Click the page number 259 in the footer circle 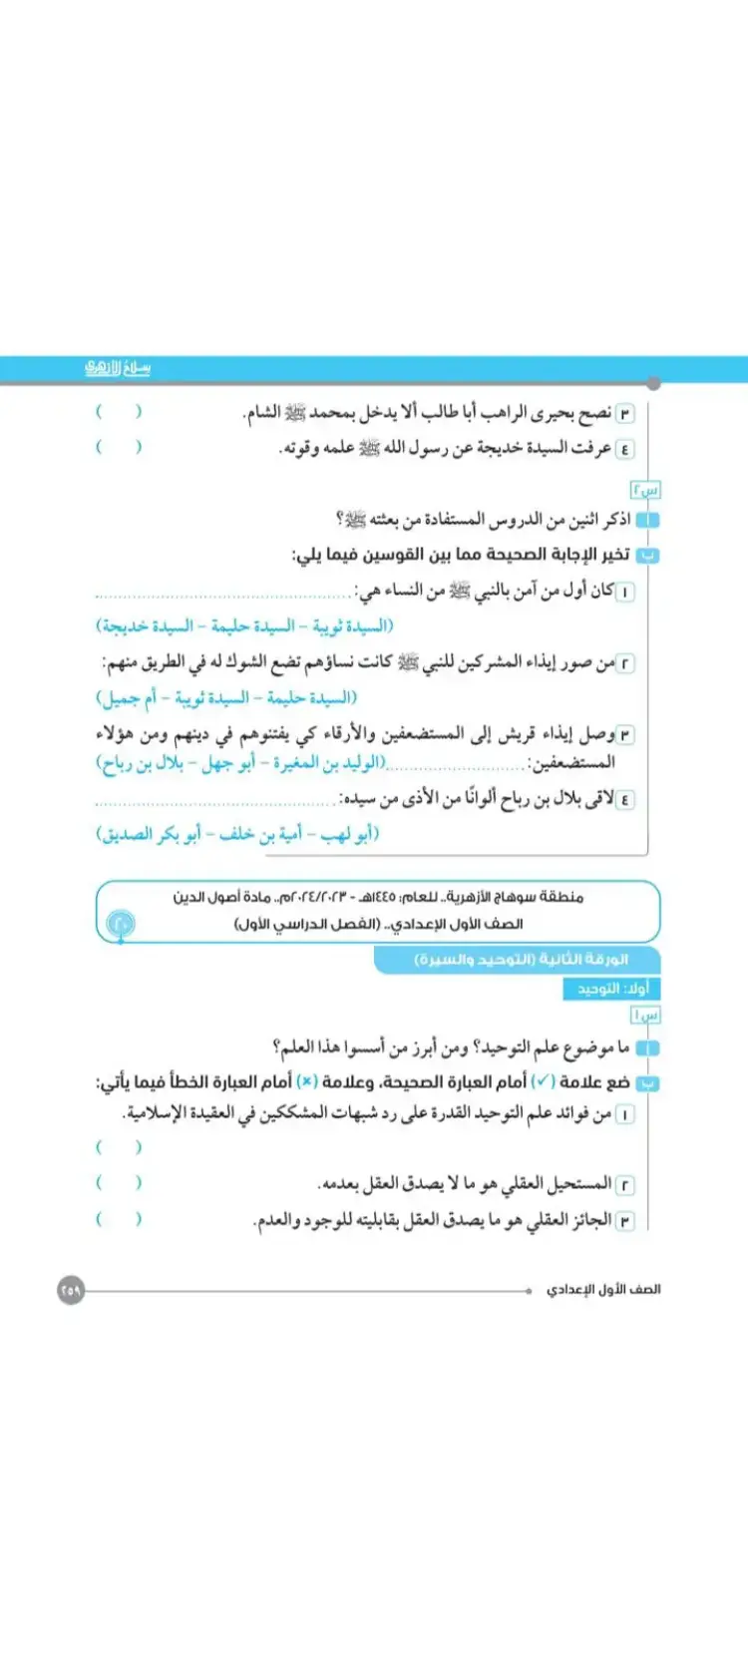pos(71,1290)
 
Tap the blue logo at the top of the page pos(118,368)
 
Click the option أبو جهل pos(228,763)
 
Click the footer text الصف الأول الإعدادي pos(603,1290)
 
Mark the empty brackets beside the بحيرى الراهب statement pos(118,412)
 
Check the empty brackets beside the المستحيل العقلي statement pos(118,1183)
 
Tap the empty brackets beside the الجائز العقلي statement pos(118,1219)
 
